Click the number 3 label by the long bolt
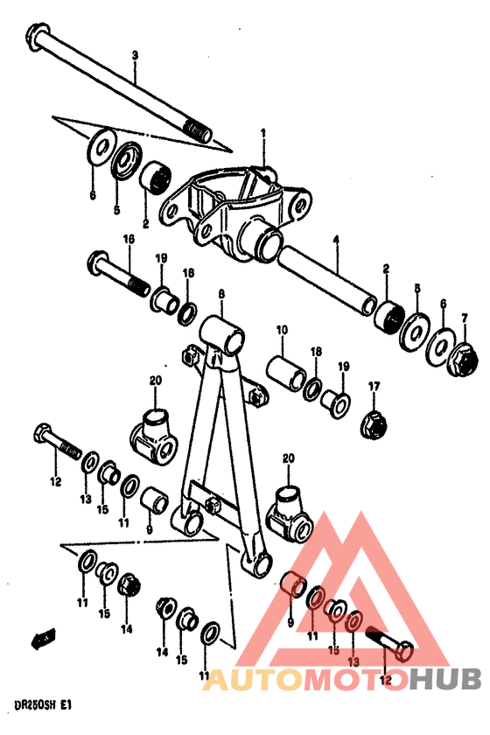pos(135,55)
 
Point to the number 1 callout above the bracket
pos(262,133)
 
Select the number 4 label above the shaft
pos(335,238)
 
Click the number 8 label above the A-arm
pos(221,295)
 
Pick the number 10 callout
pos(282,330)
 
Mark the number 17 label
pos(374,386)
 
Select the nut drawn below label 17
pos(374,423)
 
